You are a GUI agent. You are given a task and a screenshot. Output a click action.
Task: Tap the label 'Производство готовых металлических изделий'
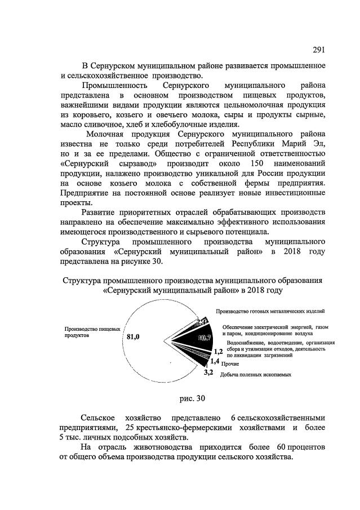point(270,311)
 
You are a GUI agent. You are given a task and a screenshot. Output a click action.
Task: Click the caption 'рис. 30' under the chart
point(192,398)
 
